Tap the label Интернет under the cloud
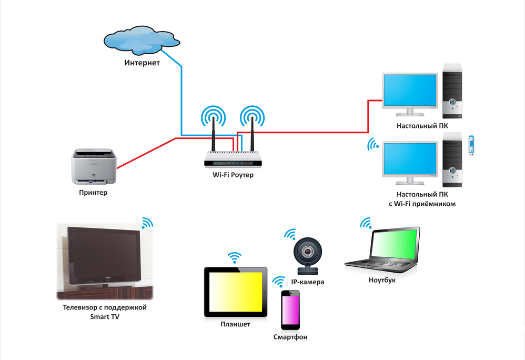[x=142, y=63]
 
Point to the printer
[x=95, y=166]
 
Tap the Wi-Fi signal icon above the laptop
[x=365, y=224]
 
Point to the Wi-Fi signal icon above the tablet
[x=234, y=258]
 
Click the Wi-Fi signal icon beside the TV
[x=146, y=223]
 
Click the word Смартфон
[x=290, y=337]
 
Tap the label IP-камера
[x=307, y=282]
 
